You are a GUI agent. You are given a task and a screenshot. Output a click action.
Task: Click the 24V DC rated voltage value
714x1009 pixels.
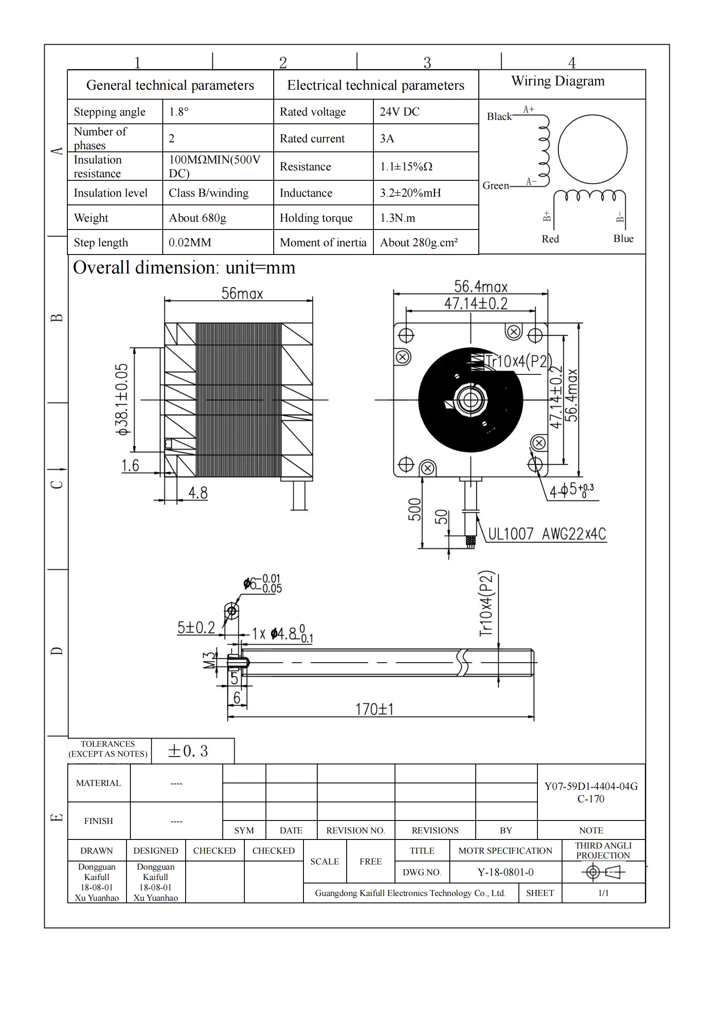(399, 112)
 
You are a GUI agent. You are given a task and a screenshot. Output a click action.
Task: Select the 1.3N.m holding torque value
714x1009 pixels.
(397, 218)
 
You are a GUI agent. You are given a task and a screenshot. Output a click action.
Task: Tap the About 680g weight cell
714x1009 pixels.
(197, 218)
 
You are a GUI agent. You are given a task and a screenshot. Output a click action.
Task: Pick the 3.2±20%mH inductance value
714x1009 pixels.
(410, 193)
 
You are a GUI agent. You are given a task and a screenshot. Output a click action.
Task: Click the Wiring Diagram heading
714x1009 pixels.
(557, 81)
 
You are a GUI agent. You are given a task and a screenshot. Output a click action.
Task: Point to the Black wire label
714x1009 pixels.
(499, 116)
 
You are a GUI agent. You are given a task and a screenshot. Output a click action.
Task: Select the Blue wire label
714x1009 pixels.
(623, 239)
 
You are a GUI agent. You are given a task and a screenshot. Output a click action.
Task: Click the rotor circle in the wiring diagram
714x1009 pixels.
(592, 149)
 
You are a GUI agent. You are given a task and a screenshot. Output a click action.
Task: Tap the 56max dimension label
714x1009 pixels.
(242, 294)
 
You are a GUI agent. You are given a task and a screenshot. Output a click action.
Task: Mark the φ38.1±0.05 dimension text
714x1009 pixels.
(122, 399)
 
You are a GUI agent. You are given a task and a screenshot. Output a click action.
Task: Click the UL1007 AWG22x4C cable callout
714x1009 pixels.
(547, 534)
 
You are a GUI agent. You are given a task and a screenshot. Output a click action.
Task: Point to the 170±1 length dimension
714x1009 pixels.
(374, 709)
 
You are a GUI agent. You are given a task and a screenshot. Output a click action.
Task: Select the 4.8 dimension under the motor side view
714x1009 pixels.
(198, 493)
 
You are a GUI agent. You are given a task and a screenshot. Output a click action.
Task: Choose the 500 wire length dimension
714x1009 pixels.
(414, 510)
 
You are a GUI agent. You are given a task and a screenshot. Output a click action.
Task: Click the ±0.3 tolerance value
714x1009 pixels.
(188, 751)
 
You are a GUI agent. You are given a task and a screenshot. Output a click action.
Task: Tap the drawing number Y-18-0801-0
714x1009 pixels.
(505, 872)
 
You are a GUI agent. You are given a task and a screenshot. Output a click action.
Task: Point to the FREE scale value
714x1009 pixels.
(370, 861)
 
